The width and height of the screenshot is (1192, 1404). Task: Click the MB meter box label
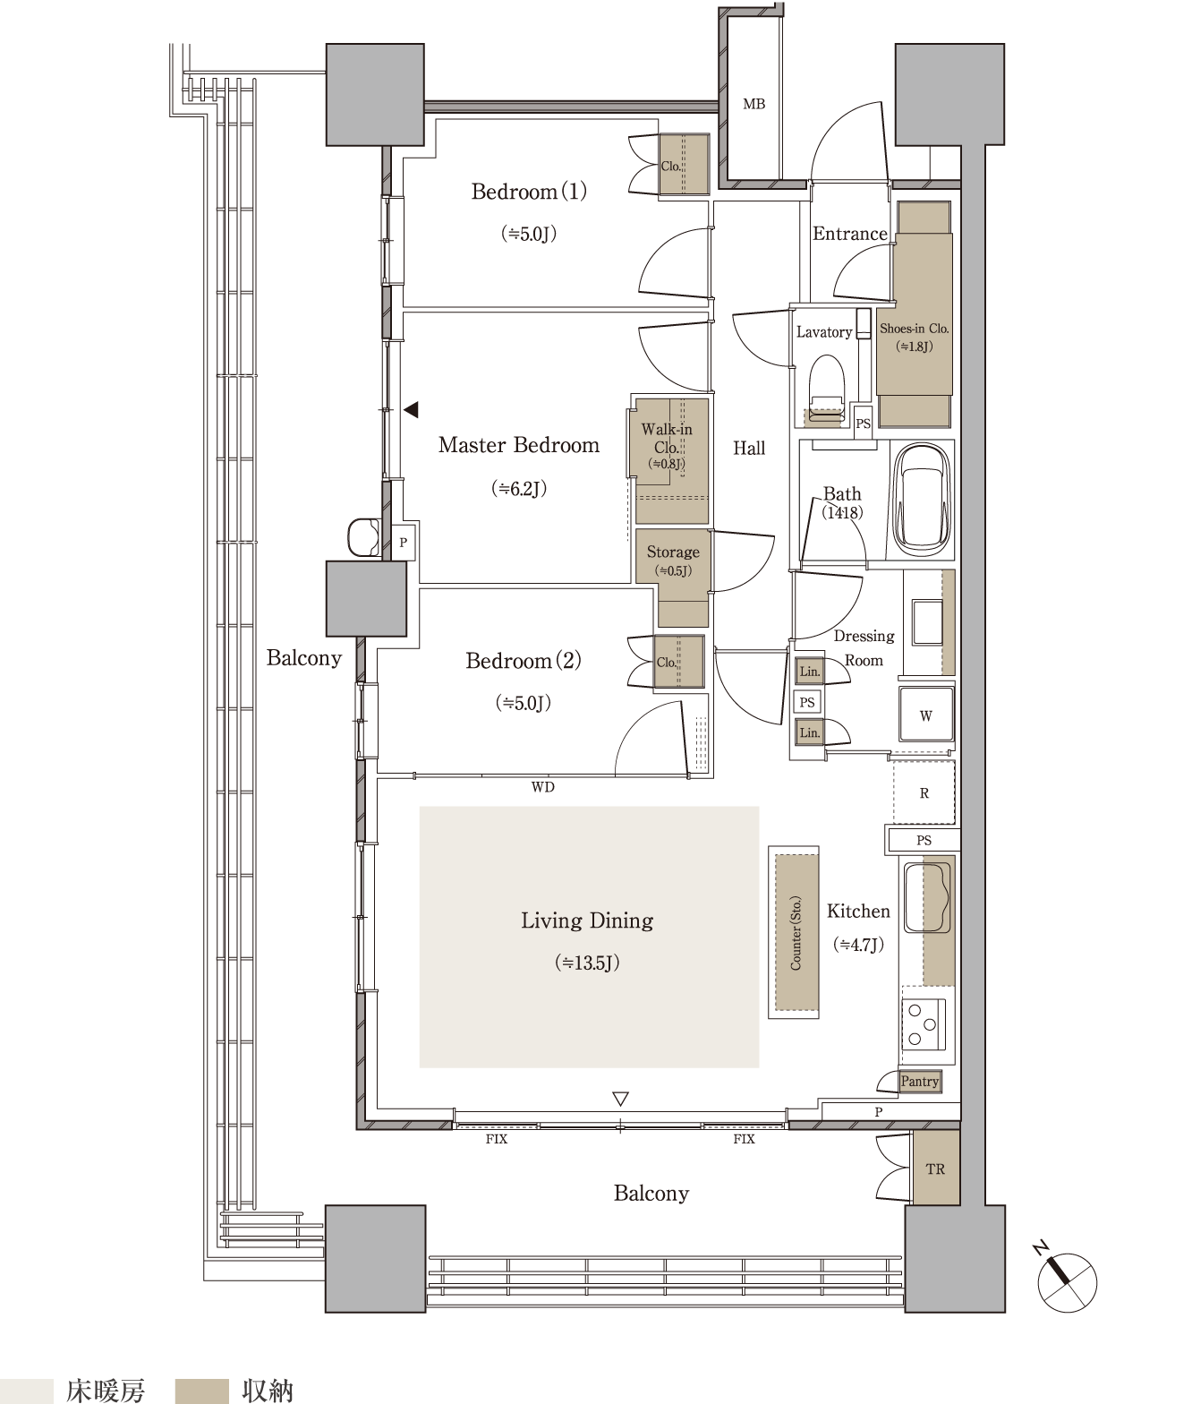click(754, 104)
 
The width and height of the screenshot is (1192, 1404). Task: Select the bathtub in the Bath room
click(921, 500)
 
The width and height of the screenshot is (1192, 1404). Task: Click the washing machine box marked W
click(926, 715)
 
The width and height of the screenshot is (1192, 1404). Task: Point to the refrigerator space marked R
click(924, 792)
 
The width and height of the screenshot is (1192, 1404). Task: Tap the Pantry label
click(920, 1081)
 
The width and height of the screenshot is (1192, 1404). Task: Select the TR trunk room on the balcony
click(935, 1169)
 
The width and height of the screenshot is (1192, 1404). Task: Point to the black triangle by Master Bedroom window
click(411, 410)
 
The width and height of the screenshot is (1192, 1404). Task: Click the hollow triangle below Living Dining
click(620, 1099)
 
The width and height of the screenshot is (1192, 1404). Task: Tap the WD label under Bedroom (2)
click(542, 787)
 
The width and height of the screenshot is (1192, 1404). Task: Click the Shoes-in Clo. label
click(914, 328)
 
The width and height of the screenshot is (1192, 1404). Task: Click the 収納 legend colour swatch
click(201, 1391)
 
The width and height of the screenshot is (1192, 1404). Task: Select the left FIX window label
click(496, 1139)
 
